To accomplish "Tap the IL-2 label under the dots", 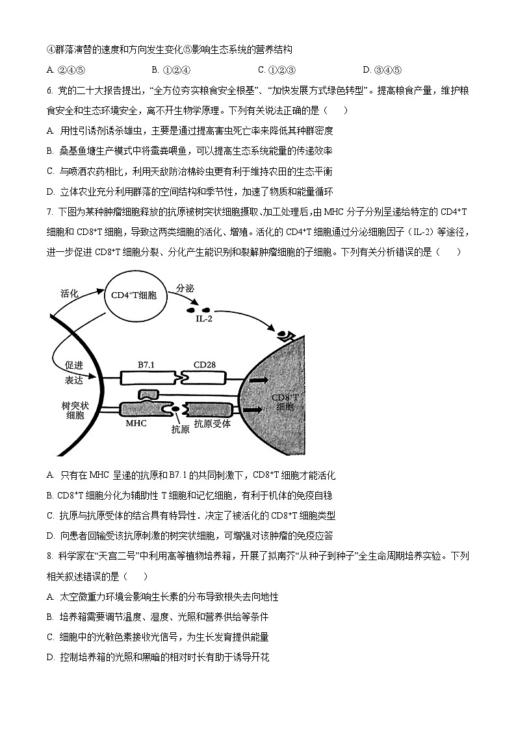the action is pos(204,319).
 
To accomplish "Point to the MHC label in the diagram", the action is pos(136,423).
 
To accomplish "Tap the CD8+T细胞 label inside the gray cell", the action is pos(284,402).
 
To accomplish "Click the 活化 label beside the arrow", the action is pos(69,293).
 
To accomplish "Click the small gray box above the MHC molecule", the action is pos(148,395).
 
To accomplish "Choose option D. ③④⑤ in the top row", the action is pos(383,70).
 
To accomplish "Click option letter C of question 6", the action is pos(50,171).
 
